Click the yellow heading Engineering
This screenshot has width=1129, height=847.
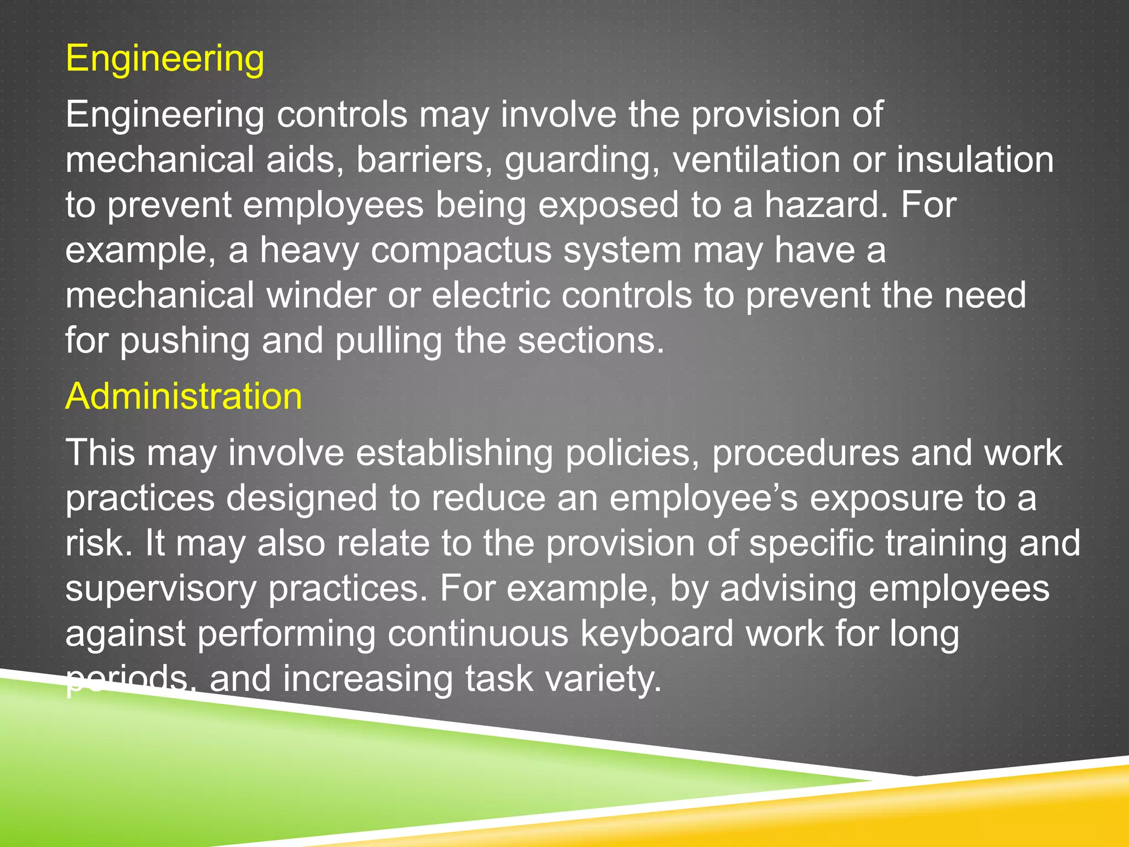(x=165, y=59)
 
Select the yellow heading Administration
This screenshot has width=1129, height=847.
(x=184, y=396)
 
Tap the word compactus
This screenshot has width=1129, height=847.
(x=461, y=250)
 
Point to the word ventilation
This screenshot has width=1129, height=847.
(x=756, y=160)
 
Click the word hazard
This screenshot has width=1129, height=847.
(x=826, y=205)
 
